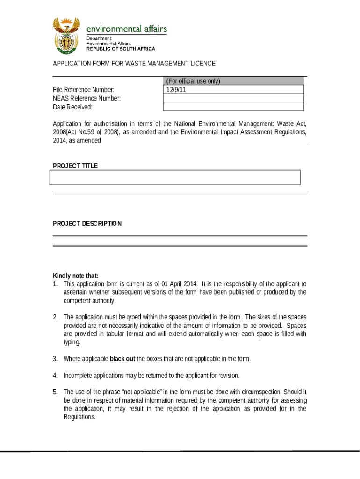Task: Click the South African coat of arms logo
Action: tap(66, 35)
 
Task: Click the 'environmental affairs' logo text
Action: tap(127, 29)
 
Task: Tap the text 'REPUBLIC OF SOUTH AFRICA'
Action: tap(121, 49)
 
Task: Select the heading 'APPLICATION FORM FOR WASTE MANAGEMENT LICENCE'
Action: tap(134, 64)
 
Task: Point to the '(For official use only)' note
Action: tap(193, 81)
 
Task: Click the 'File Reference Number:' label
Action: tap(83, 90)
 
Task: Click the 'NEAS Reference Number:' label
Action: tap(86, 98)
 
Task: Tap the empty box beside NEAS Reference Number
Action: tap(233, 98)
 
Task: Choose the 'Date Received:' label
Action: tap(72, 107)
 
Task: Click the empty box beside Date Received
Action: tap(233, 107)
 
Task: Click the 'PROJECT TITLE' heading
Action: tap(75, 166)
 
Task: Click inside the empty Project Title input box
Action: tap(174, 178)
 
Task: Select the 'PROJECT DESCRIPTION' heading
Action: tap(87, 224)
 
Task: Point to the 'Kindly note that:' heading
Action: tap(76, 276)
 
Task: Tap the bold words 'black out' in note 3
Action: tap(122, 359)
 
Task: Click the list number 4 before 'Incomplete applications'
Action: tap(55, 376)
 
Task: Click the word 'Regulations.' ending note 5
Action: tap(79, 417)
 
